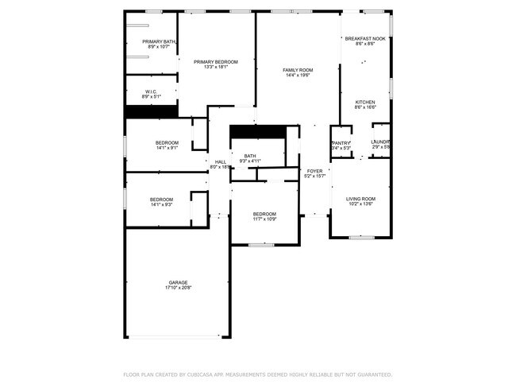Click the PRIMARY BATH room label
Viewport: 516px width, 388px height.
[x=160, y=41]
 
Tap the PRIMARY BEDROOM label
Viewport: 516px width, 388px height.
[x=216, y=61]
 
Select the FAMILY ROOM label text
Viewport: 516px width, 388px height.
[x=298, y=70]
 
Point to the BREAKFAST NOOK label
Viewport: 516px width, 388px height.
[x=365, y=38]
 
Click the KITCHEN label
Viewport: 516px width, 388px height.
[x=365, y=102]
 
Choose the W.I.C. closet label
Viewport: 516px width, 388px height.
[x=151, y=91]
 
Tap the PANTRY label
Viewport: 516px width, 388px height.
[x=341, y=142]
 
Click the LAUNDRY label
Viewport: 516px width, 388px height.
[x=381, y=142]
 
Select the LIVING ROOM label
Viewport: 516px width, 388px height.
[x=361, y=199]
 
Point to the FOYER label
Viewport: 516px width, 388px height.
[x=314, y=171]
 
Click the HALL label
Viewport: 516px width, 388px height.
[x=220, y=162]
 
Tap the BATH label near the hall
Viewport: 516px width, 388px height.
[x=250, y=156]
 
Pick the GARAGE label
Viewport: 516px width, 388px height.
[x=178, y=282]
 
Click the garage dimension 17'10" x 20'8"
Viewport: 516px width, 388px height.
[x=178, y=288]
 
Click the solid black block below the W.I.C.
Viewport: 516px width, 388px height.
[x=151, y=112]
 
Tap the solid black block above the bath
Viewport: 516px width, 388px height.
[x=256, y=131]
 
